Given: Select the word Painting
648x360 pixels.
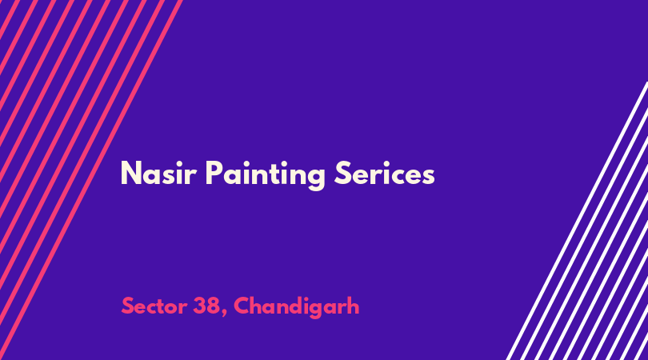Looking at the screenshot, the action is (266, 175).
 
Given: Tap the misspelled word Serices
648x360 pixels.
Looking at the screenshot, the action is (384, 173).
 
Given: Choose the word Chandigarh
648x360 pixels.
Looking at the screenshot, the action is (296, 306).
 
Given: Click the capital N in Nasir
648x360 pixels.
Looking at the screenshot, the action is (131, 173).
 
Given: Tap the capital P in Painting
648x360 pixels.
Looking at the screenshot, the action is (214, 173).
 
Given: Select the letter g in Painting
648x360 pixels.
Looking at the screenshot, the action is (316, 178).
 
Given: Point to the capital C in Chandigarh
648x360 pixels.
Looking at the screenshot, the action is (242, 306).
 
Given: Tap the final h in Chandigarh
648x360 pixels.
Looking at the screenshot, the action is (353, 305).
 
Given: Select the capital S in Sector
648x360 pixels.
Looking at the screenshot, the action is (128, 306).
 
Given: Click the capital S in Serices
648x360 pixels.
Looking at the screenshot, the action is (342, 173).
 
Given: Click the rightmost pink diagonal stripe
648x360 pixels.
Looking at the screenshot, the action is (91, 180).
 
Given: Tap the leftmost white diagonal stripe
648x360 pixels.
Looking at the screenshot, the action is (577, 221).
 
